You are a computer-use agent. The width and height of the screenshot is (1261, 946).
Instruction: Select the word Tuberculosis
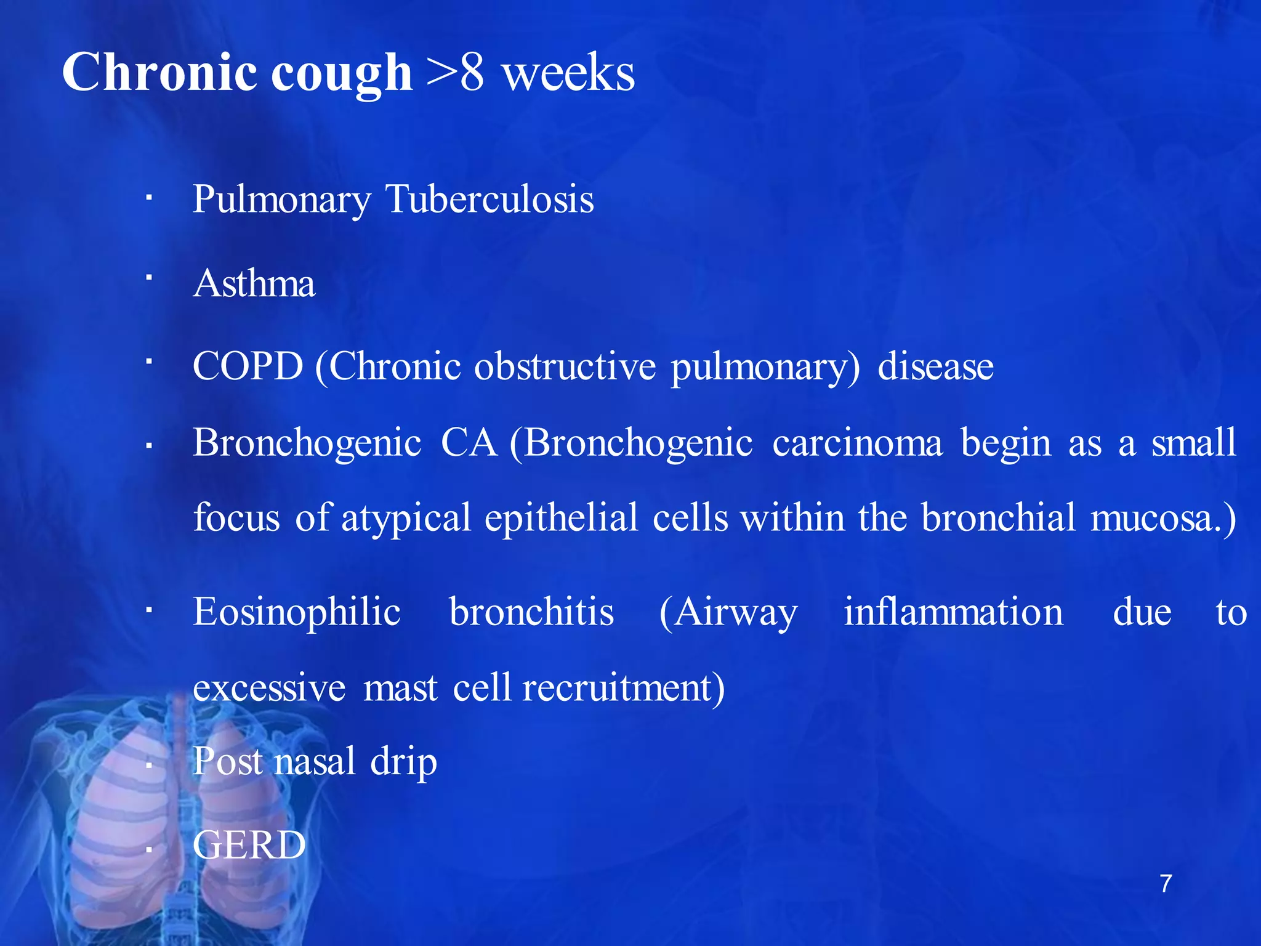point(489,200)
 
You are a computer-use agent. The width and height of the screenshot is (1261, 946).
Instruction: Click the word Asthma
point(254,284)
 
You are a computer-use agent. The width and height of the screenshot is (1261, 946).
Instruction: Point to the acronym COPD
point(248,366)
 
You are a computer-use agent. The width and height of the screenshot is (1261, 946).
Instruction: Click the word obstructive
point(565,366)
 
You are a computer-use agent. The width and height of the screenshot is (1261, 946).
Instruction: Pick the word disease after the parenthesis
point(935,366)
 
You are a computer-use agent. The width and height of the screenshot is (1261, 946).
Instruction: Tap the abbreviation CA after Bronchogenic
point(469,443)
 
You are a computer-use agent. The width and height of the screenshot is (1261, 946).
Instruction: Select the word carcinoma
point(857,443)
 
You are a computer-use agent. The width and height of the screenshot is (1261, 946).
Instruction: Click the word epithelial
point(561,517)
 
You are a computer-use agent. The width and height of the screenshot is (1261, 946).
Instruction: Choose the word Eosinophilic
point(297,612)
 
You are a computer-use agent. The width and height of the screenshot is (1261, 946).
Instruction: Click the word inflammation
point(953,612)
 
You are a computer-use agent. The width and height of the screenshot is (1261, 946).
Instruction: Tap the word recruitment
point(622,688)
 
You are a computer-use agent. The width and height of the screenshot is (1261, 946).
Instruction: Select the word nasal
point(315,761)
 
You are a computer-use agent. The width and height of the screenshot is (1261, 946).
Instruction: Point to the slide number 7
point(1166,884)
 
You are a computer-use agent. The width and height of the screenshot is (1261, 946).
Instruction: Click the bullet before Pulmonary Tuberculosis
point(148,198)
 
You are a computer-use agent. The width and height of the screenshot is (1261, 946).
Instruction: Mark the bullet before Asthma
point(148,278)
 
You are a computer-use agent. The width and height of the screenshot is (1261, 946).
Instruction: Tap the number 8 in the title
point(472,73)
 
